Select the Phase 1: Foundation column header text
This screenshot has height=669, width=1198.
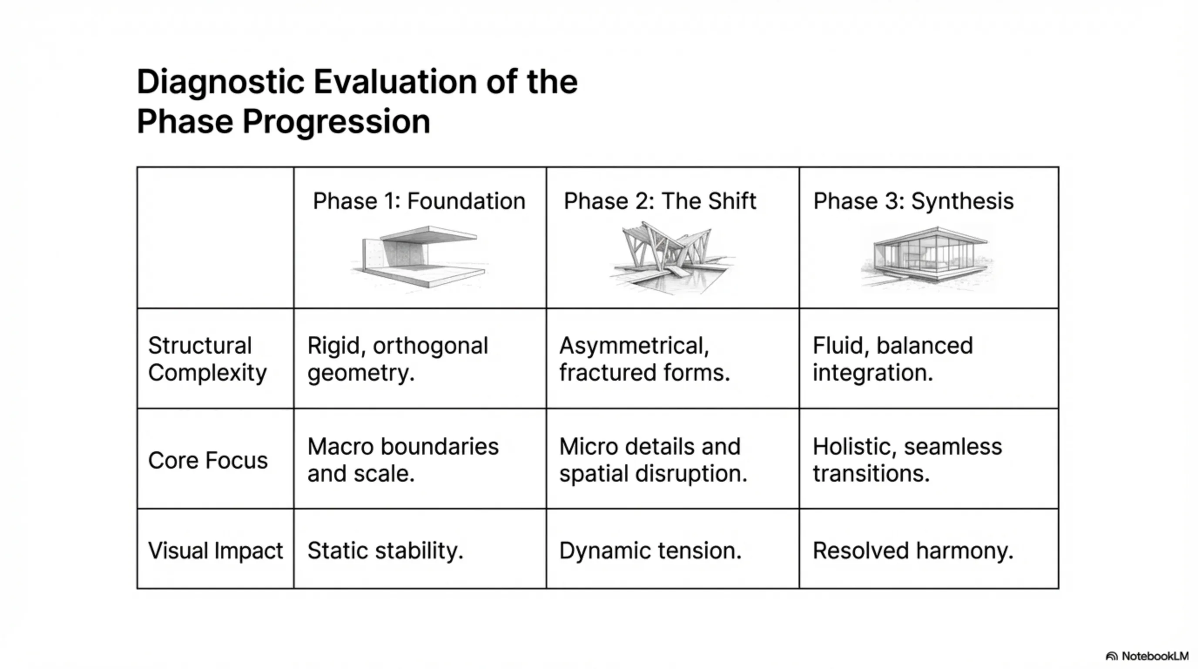419,202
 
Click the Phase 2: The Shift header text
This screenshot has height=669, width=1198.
660,202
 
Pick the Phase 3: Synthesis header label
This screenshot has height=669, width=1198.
913,202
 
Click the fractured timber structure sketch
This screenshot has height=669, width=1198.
673,258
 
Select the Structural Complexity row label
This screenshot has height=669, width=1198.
207,359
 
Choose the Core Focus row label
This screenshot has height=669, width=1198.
208,460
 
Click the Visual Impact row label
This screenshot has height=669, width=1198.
215,551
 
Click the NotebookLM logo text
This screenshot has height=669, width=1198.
1155,656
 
